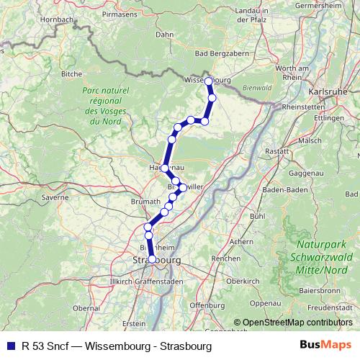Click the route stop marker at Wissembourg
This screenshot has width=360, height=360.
pos(209,81)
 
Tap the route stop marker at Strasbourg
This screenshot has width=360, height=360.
pos(151,259)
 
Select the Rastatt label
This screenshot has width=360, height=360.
pos(277,152)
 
